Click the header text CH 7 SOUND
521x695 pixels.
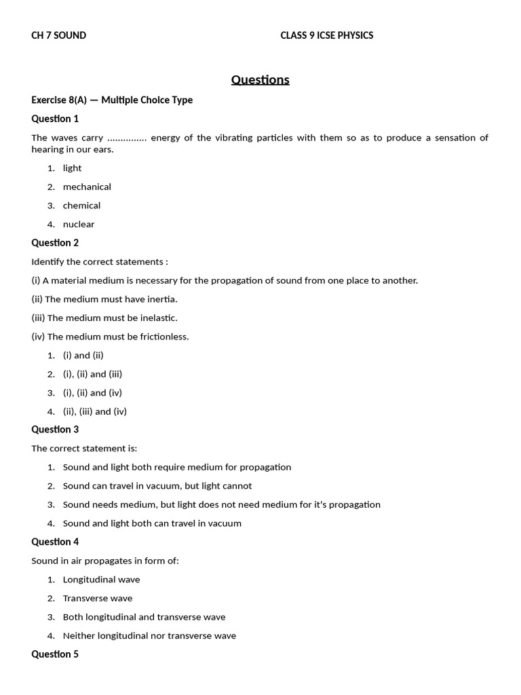coord(59,35)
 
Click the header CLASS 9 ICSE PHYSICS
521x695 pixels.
coord(326,35)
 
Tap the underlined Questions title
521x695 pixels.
coord(260,80)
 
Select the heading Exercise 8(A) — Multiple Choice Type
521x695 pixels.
coord(112,100)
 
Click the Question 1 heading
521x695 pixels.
coord(55,119)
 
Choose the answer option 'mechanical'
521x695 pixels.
coord(87,187)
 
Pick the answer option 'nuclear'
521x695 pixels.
coord(79,224)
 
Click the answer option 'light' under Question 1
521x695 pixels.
coord(72,168)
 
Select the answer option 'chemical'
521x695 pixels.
coord(81,206)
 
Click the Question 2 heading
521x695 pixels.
coord(55,243)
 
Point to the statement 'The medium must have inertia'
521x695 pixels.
coord(104,299)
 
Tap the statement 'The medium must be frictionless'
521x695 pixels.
coord(110,337)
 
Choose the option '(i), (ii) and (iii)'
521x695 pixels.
coord(92,374)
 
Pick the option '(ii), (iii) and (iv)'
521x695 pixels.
coord(95,411)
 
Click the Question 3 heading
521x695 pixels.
coord(55,430)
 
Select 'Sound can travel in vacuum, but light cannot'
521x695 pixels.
coord(157,486)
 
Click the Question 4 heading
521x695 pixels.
coord(55,542)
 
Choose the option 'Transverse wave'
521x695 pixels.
coord(98,599)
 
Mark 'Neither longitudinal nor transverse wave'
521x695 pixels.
coord(149,636)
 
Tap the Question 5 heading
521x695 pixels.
coord(55,654)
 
